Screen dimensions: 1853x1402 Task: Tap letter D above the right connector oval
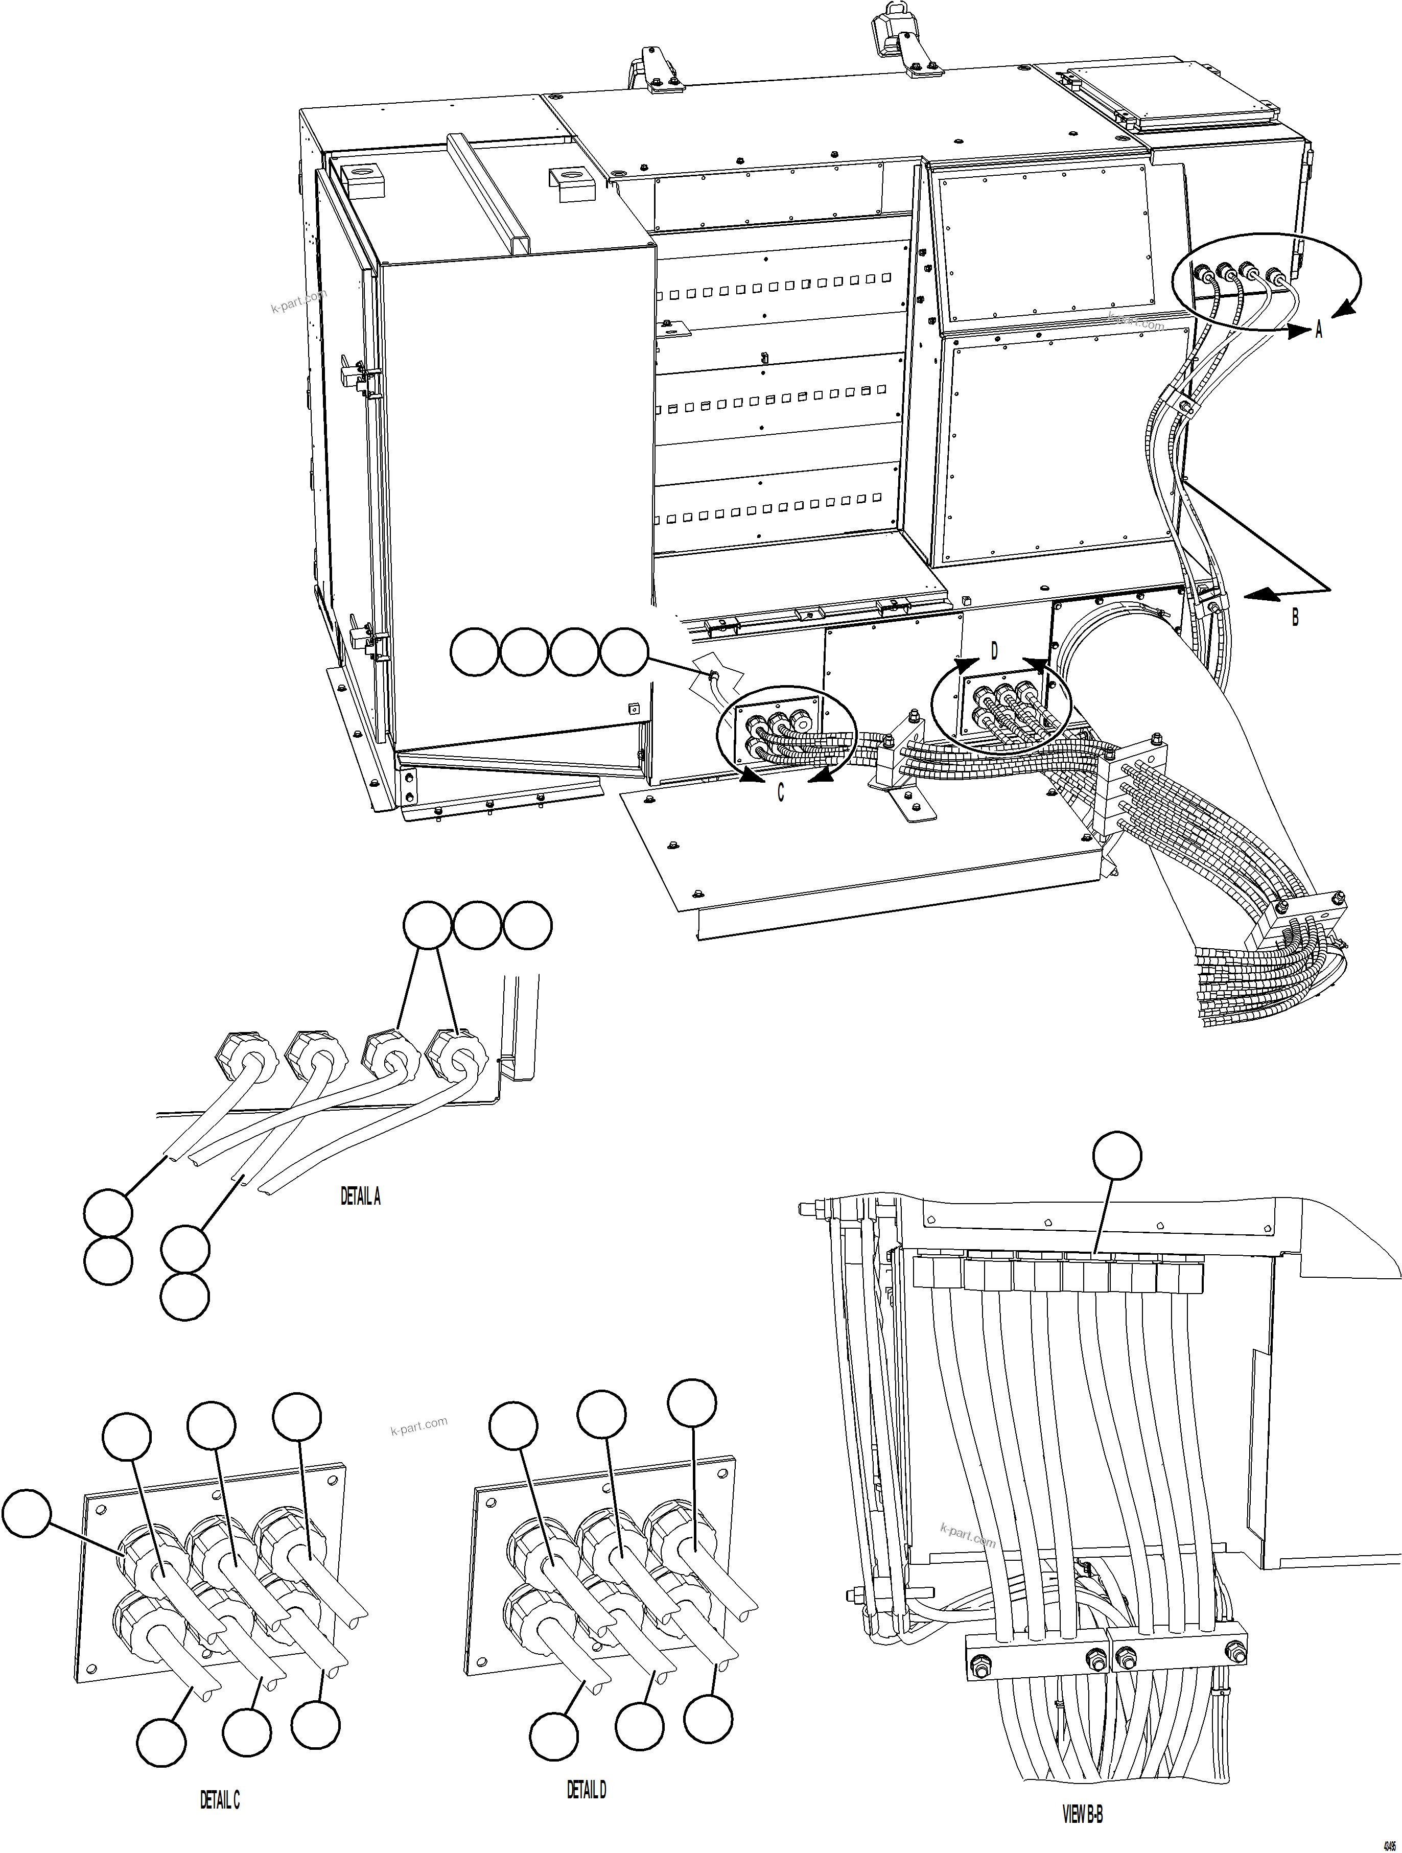pyautogui.click(x=995, y=651)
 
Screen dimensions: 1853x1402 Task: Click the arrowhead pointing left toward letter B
pyautogui.click(x=1261, y=594)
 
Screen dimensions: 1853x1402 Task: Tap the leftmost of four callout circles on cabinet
pyautogui.click(x=474, y=652)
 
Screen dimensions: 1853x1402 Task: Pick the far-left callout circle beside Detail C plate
pyautogui.click(x=27, y=1513)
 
